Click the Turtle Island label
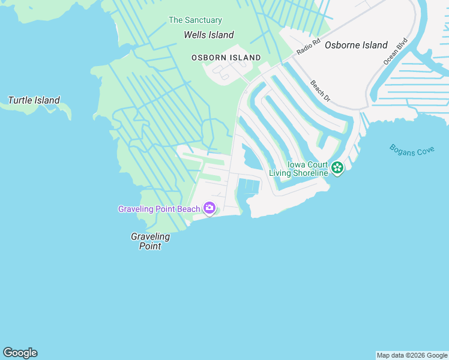(x=34, y=100)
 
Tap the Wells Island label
(x=208, y=35)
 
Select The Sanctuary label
(x=195, y=20)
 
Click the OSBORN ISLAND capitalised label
(x=226, y=58)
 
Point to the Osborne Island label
(x=356, y=45)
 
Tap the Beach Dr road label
(x=320, y=90)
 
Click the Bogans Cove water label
(x=411, y=150)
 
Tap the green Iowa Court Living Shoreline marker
(x=337, y=168)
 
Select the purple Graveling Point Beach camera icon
(x=209, y=208)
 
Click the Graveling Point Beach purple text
(x=159, y=209)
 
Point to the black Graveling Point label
(x=150, y=241)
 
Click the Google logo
(x=20, y=353)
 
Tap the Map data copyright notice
(x=412, y=355)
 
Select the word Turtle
(x=20, y=100)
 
